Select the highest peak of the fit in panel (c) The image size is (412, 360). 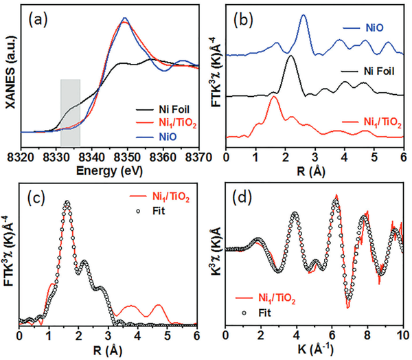pyautogui.click(x=67, y=203)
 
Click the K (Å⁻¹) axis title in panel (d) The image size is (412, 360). pyautogui.click(x=314, y=348)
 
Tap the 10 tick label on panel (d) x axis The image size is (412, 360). pyautogui.click(x=401, y=336)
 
